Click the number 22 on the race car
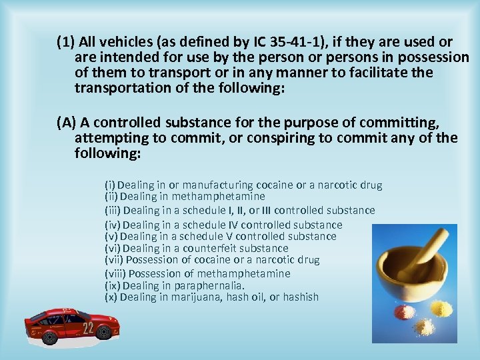pyautogui.click(x=88, y=327)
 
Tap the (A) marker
pyautogui.click(x=67, y=123)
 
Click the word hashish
pyautogui.click(x=300, y=297)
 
